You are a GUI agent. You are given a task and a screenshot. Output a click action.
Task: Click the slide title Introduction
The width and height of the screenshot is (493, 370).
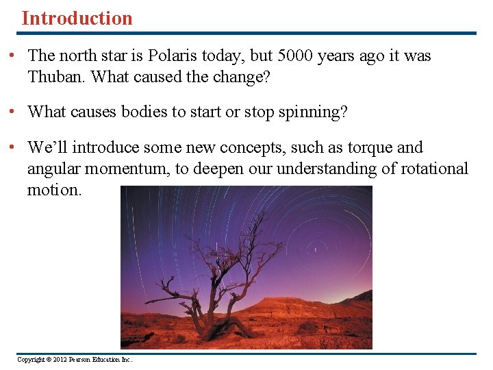(x=77, y=18)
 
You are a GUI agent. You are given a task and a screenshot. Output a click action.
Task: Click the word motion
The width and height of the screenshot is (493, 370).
(x=53, y=190)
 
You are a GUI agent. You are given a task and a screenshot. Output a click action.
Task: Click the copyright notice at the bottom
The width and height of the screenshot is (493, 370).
(x=75, y=360)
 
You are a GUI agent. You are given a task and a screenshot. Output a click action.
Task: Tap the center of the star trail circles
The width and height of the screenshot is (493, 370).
(x=316, y=249)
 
